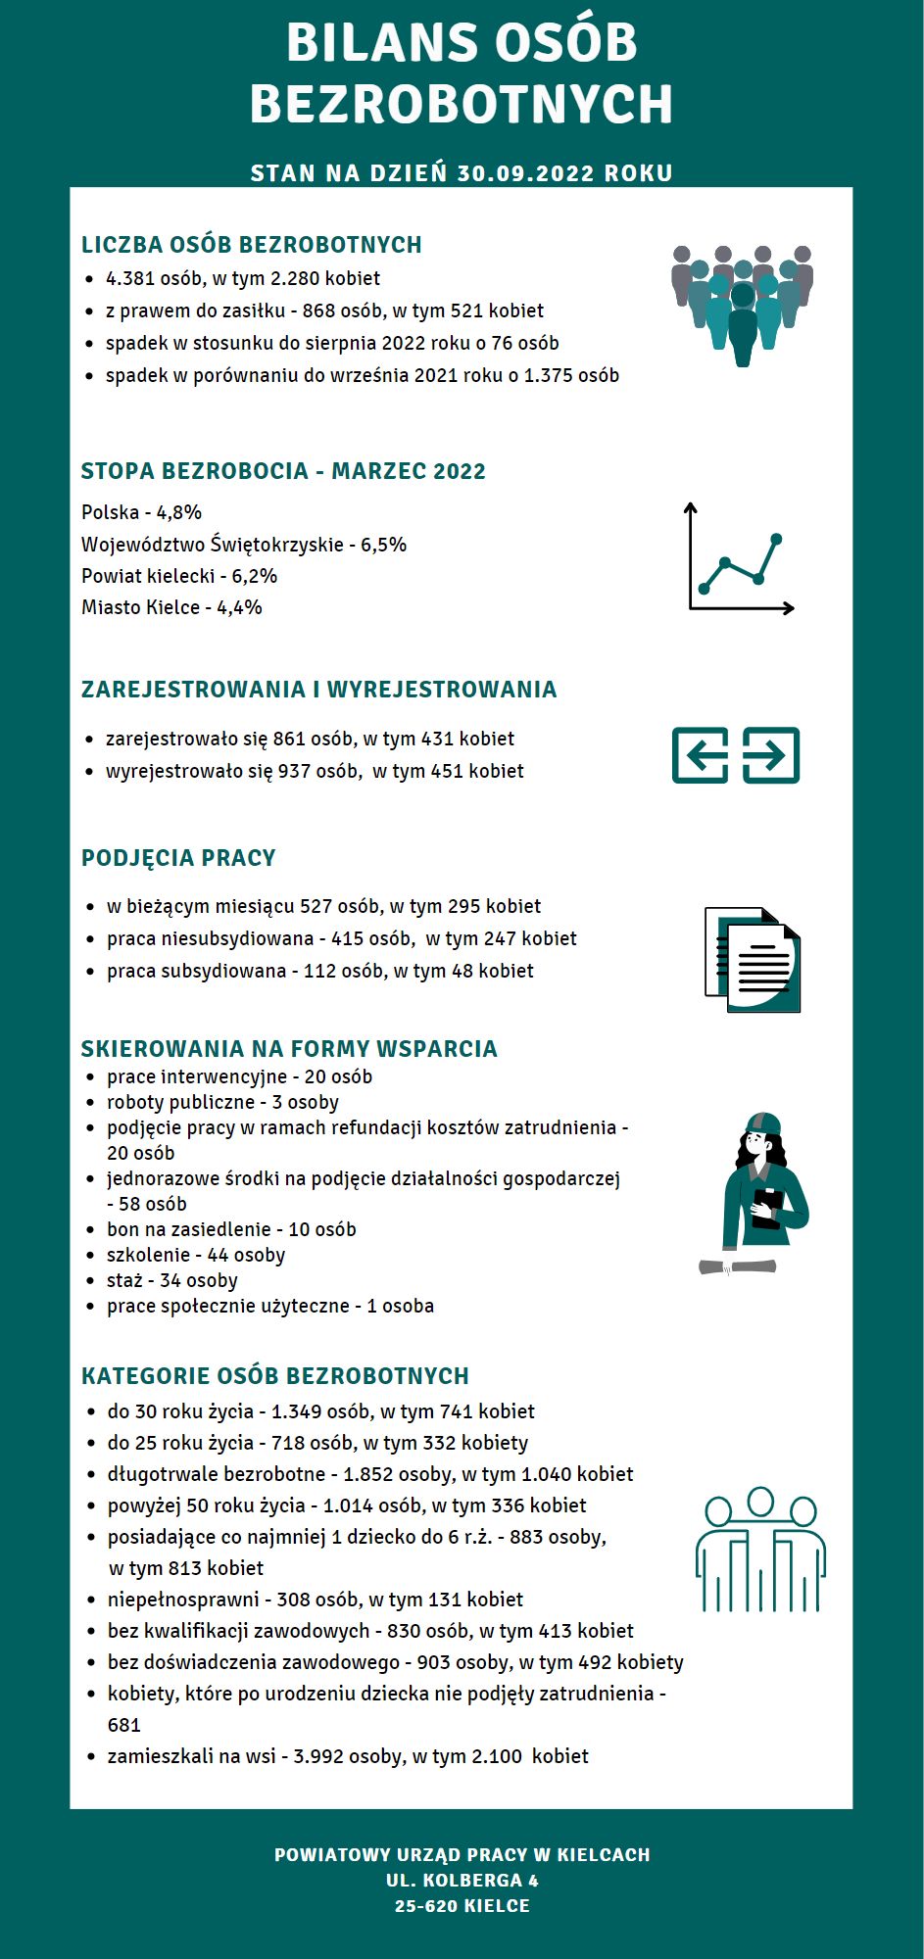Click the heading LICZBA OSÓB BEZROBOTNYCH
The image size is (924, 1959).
[x=251, y=245]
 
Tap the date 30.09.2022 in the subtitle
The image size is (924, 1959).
[x=525, y=173]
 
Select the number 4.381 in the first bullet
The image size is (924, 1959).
[x=130, y=278]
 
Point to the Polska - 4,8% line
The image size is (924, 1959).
[x=141, y=512]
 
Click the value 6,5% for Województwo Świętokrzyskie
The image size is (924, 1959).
[x=383, y=545]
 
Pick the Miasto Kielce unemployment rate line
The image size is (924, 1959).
[x=171, y=607]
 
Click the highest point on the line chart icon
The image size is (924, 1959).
[x=776, y=539]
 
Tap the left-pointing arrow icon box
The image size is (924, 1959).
[x=700, y=755]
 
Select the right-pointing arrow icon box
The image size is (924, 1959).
[x=771, y=755]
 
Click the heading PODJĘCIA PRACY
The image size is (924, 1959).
[x=178, y=858]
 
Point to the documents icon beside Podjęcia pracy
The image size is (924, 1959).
[x=753, y=960]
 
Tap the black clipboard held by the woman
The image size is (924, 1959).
[x=767, y=1207]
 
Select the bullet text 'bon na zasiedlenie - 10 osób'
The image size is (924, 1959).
[x=231, y=1229]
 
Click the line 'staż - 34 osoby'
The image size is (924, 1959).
[x=172, y=1280]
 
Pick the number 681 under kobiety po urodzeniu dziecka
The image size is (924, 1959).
[x=124, y=1725]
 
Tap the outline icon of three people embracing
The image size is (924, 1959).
[x=760, y=1551]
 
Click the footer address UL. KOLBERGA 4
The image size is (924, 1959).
[x=462, y=1880]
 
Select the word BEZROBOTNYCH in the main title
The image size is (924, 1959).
[x=462, y=104]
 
